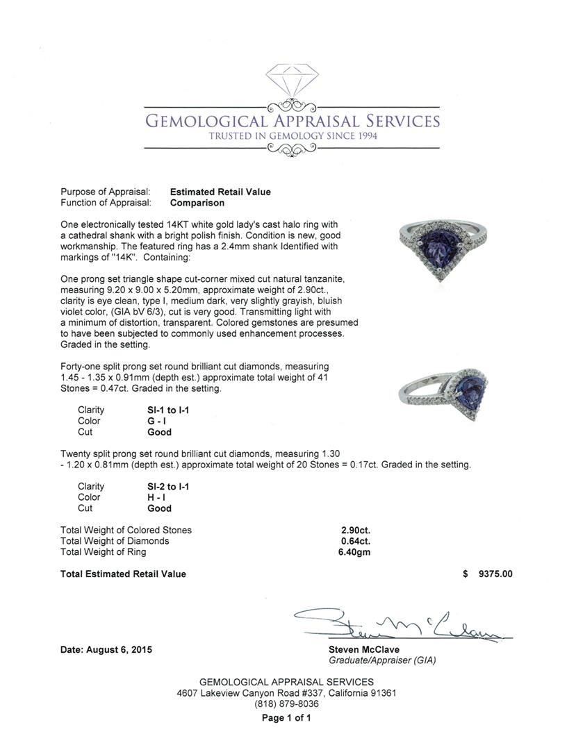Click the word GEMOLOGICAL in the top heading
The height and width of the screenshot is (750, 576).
(x=201, y=122)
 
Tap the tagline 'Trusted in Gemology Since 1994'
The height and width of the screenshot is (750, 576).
(x=293, y=136)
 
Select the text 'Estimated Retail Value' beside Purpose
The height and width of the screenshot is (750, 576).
(x=220, y=192)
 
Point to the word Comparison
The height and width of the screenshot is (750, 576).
(x=197, y=203)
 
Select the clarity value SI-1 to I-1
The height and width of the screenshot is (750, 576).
(x=164, y=410)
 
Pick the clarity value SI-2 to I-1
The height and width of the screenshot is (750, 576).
(x=164, y=487)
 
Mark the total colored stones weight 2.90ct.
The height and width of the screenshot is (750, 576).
(x=355, y=530)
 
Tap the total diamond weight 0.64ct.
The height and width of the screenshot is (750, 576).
(x=355, y=541)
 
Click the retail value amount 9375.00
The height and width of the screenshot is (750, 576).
(x=495, y=574)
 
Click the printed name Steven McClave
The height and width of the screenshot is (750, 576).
(x=364, y=650)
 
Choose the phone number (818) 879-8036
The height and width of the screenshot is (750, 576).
(x=286, y=703)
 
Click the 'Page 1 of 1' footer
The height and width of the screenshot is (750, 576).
(x=286, y=718)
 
